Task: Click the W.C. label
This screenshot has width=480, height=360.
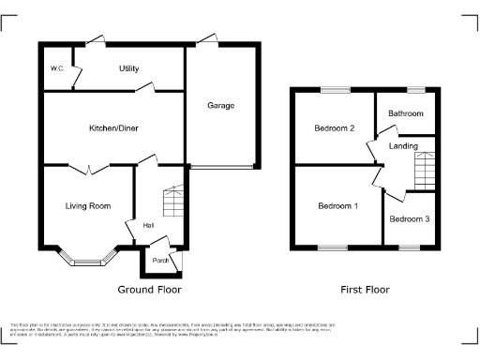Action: (x=55, y=69)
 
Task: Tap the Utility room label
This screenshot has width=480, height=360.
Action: (x=128, y=69)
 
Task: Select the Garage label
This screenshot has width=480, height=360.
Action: (x=220, y=105)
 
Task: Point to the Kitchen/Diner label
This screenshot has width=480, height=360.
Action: (x=113, y=128)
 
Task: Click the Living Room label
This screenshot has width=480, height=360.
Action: (x=88, y=206)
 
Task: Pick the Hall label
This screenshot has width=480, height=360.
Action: (x=148, y=226)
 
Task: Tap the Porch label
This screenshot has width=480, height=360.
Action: (x=159, y=261)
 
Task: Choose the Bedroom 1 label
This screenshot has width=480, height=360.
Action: (x=337, y=206)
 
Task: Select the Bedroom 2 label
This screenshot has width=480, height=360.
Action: (x=333, y=128)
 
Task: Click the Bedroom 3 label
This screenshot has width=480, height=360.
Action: (x=410, y=219)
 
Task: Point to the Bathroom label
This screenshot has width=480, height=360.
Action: (x=406, y=113)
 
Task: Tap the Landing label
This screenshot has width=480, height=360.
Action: (x=404, y=146)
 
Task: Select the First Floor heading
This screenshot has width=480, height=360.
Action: (x=366, y=290)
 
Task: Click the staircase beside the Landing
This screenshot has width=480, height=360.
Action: (x=425, y=169)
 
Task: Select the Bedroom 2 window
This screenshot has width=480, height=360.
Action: (x=334, y=90)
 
